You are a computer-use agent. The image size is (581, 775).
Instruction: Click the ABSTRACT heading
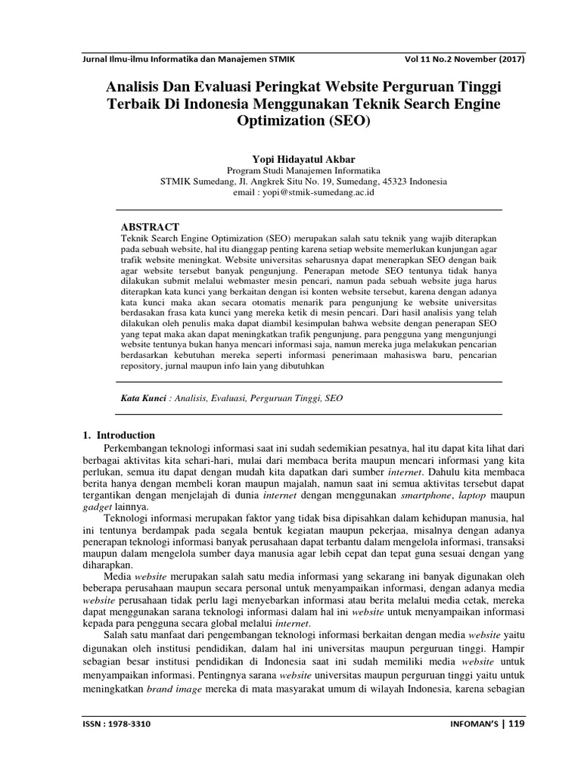point(151,226)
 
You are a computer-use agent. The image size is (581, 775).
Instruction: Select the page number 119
point(517,724)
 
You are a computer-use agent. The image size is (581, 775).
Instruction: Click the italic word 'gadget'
point(97,506)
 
